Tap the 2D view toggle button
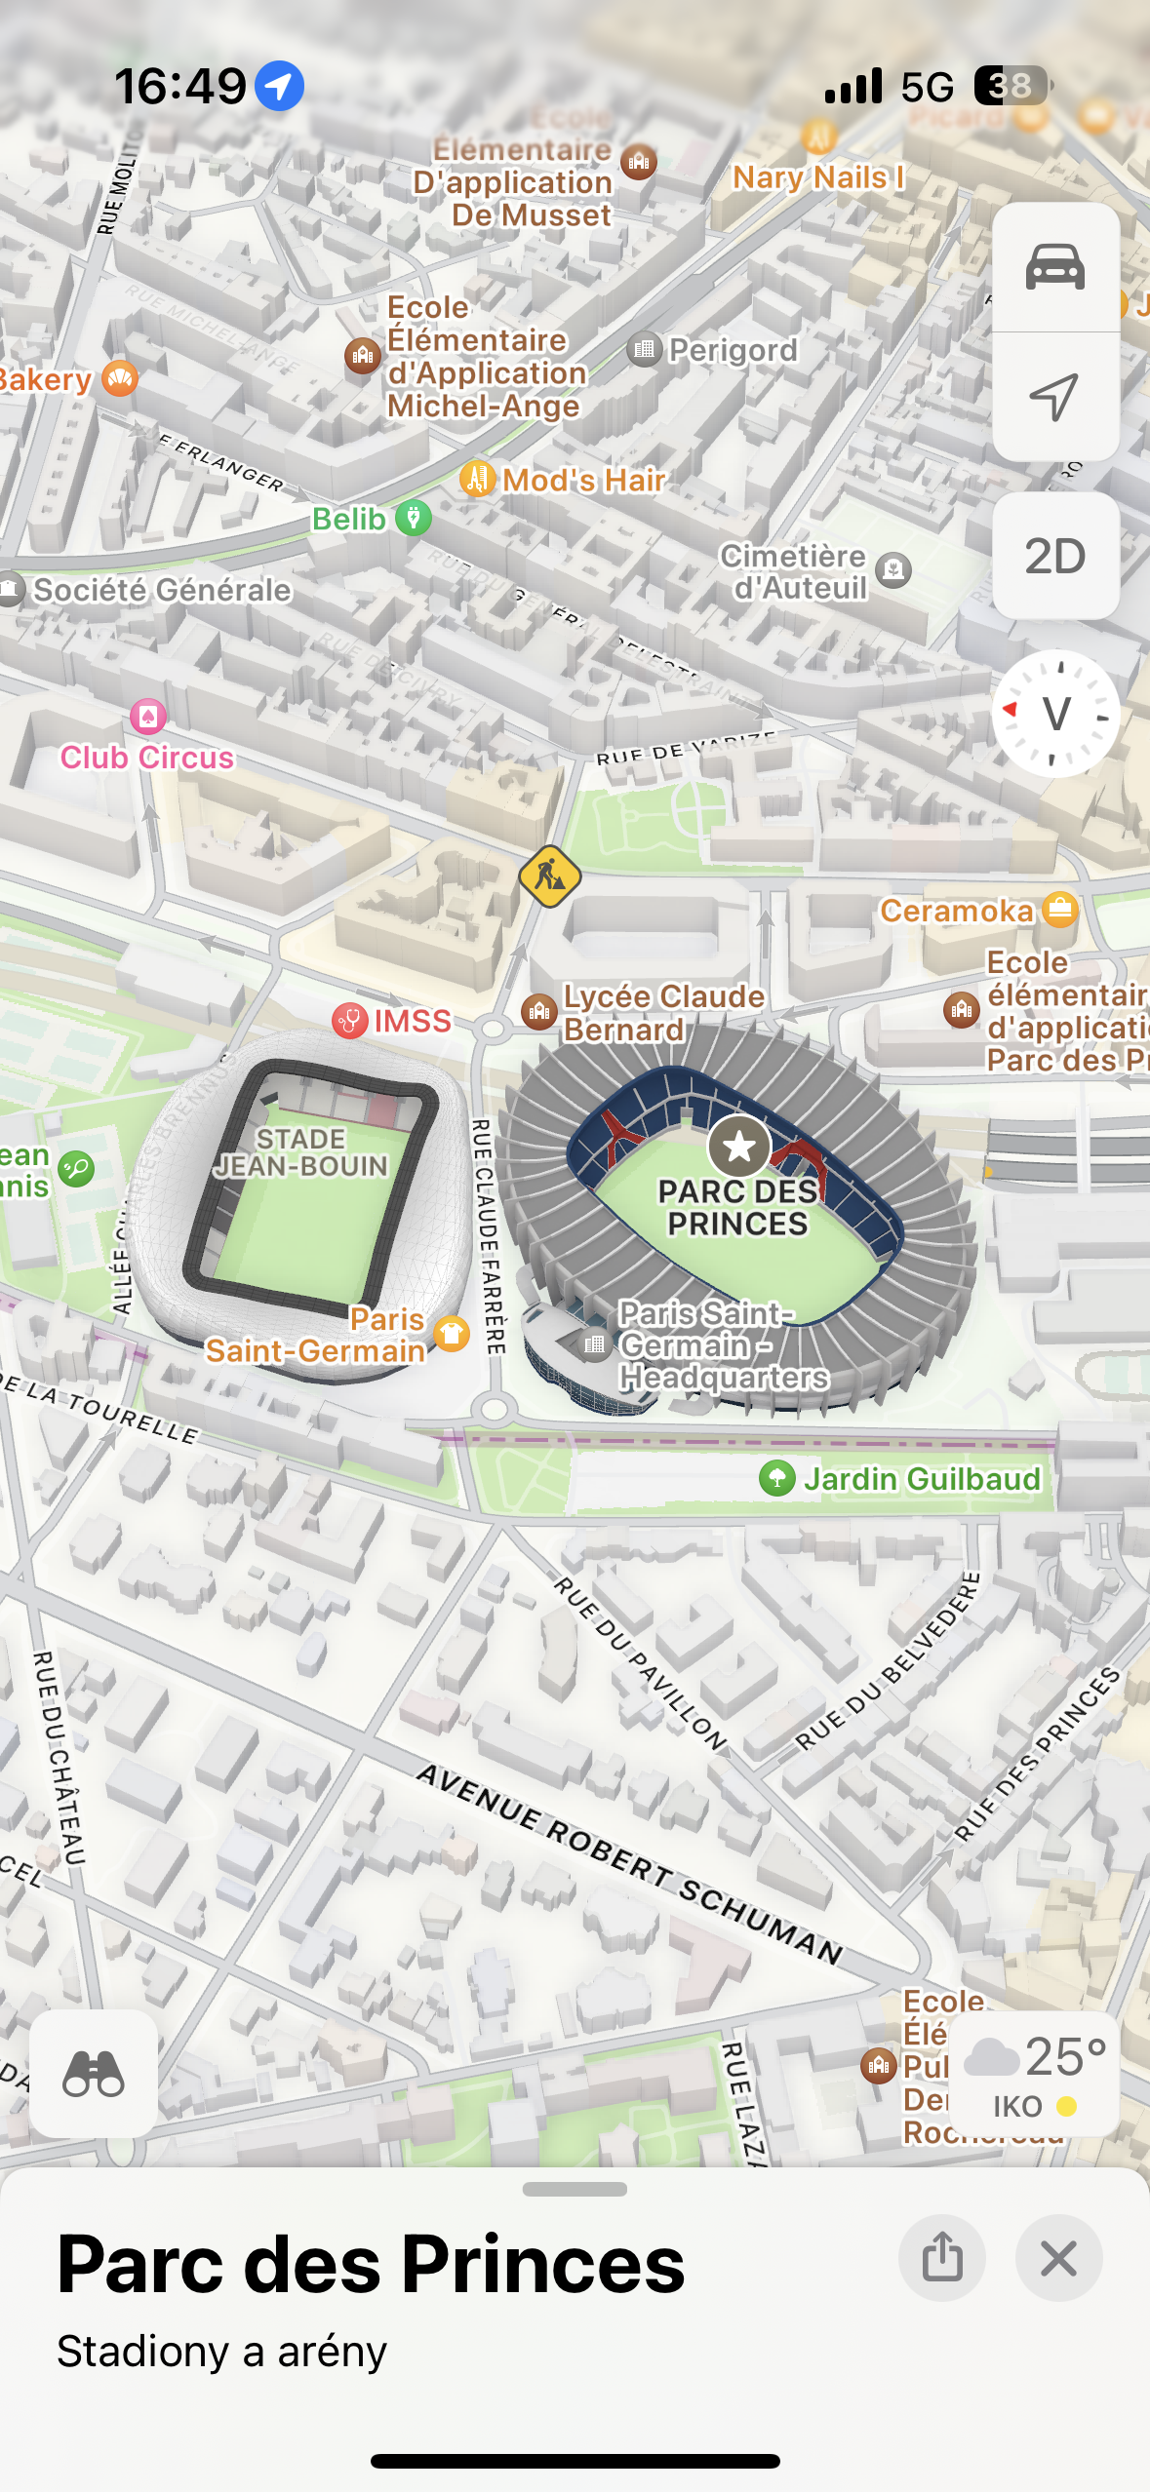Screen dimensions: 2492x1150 point(1054,556)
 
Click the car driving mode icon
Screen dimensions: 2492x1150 point(1054,267)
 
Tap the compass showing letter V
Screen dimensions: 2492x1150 point(1054,714)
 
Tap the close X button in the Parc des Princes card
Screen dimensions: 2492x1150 point(1058,2258)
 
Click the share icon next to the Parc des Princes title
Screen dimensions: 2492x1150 point(941,2258)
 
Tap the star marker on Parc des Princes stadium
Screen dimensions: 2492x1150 point(738,1147)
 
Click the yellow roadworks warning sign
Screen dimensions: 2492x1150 point(550,876)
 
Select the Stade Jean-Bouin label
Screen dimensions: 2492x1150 point(301,1152)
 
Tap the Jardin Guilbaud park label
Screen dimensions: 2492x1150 point(921,1479)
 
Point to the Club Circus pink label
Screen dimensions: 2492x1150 point(147,758)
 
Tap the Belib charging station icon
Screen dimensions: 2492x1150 point(414,518)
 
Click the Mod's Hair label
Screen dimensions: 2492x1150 point(582,480)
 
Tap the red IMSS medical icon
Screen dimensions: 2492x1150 point(349,1021)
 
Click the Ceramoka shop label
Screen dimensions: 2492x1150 point(956,911)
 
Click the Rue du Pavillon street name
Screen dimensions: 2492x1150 point(640,1662)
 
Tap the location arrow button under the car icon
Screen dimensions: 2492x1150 point(1054,396)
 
